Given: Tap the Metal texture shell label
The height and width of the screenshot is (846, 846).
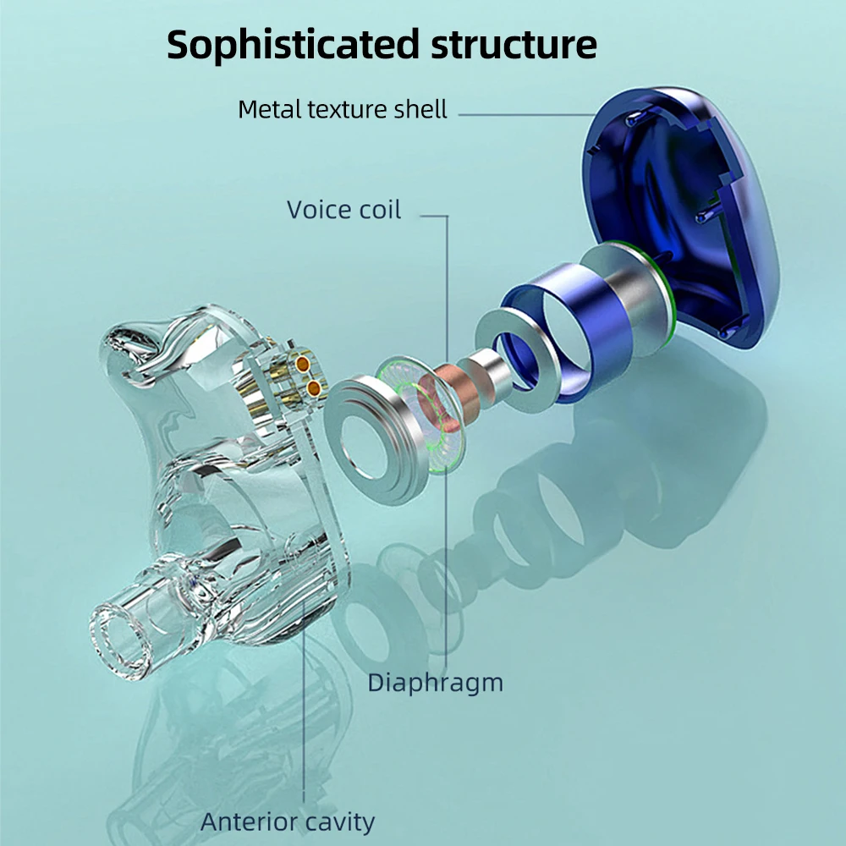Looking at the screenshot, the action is click(343, 109).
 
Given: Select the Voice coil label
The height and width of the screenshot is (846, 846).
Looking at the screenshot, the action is click(343, 209).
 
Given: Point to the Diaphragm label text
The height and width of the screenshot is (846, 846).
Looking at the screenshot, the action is click(436, 684).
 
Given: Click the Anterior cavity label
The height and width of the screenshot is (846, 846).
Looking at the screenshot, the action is click(288, 821).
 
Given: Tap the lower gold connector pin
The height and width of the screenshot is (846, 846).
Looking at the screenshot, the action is click(314, 387).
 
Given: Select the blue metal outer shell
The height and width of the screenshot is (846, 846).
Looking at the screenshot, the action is click(681, 216).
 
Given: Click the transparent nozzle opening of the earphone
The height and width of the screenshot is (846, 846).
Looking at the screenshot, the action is click(120, 640).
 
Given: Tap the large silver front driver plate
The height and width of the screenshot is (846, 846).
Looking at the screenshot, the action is click(372, 440).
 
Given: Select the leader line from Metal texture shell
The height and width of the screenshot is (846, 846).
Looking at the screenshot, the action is click(527, 114).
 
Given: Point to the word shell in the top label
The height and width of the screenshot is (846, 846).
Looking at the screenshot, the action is click(420, 109).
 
